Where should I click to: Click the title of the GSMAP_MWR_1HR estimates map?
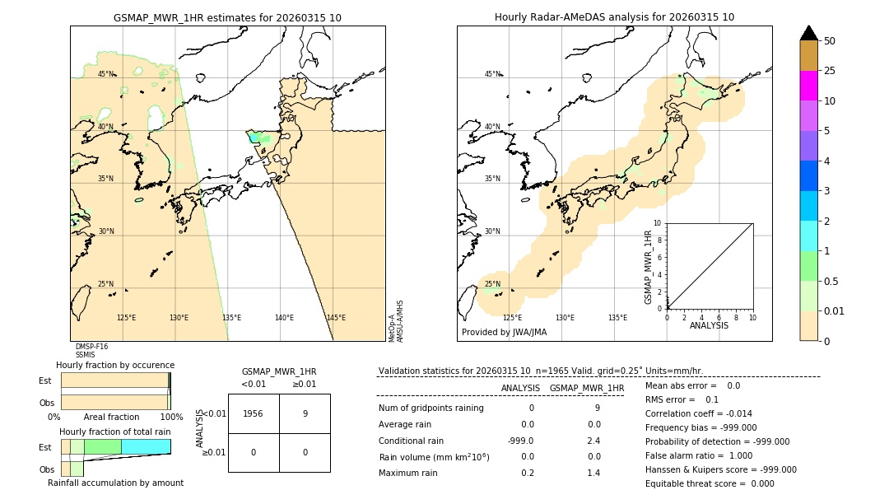pos(227,17)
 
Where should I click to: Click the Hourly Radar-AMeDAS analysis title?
pos(614,17)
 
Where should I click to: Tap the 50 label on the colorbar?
pos(830,41)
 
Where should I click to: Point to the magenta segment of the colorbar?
pos(808,86)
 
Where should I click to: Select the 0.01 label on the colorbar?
pos(835,310)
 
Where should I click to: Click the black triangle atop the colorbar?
pos(808,33)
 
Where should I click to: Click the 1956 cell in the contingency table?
pos(254,413)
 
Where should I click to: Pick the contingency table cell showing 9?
pos(305,413)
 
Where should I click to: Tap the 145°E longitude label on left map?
pos(336,318)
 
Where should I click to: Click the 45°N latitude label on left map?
pos(106,74)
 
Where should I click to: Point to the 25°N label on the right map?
pos(493,285)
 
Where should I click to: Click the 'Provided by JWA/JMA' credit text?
pos(504,332)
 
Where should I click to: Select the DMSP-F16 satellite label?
pos(91,347)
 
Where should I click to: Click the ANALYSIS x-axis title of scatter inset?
pos(709,325)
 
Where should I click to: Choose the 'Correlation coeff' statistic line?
pos(698,413)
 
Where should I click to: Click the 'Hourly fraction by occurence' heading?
pos(115,365)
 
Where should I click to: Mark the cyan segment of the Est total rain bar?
pos(146,446)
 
